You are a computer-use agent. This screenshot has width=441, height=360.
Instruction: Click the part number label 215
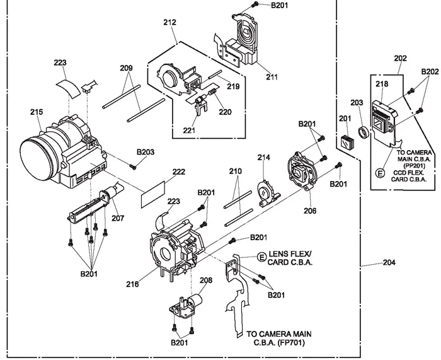coord(36,112)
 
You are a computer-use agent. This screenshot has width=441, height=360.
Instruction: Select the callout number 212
coord(169,23)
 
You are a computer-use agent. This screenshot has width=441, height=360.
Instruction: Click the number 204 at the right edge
coord(390,262)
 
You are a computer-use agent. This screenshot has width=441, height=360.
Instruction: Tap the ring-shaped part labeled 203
coord(363,132)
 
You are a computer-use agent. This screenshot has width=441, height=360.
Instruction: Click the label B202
coord(431,71)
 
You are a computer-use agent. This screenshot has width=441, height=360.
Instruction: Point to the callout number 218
coord(382,84)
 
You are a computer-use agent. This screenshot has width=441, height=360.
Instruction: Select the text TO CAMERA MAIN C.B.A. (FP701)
coord(279,338)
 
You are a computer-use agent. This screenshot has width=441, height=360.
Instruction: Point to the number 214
coord(263,157)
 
